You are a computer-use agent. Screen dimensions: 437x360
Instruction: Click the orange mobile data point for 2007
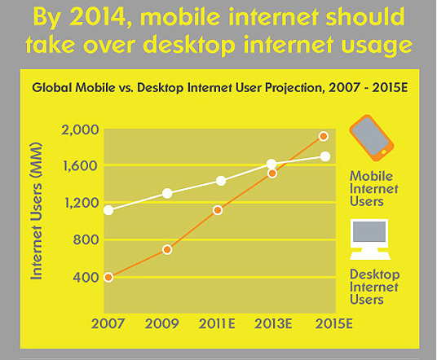[x=108, y=277]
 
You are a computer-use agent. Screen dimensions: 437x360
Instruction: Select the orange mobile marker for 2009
[x=167, y=250]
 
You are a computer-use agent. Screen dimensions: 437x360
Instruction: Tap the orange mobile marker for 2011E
[x=218, y=210]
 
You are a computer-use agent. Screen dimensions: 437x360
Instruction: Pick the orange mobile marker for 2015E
[x=324, y=136]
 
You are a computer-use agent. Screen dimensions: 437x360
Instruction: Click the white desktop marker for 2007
[x=108, y=210]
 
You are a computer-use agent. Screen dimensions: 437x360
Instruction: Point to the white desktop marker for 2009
[x=167, y=193]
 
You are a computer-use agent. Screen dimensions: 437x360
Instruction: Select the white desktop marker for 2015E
[x=325, y=156]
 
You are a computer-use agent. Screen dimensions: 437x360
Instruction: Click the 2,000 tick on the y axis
[x=80, y=130]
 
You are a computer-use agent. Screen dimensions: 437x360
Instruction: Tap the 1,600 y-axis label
[x=80, y=166]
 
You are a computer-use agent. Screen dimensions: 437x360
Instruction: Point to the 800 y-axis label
[x=86, y=239]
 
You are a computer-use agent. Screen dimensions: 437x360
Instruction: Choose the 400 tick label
[x=86, y=277]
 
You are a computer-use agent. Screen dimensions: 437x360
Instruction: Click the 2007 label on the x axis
[x=108, y=324]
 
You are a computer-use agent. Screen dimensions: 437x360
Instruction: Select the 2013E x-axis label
[x=273, y=324]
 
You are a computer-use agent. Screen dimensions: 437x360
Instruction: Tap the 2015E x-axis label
[x=334, y=324]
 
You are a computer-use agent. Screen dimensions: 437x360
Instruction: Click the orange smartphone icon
[x=372, y=138]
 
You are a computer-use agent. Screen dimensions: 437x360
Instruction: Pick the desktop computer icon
[x=370, y=239]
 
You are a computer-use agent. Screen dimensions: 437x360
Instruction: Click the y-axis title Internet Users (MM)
[x=37, y=211]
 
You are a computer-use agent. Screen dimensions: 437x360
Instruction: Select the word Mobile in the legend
[x=371, y=176]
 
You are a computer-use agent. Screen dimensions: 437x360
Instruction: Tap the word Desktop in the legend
[x=375, y=275]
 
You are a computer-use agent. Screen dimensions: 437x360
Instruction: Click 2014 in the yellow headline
[x=98, y=17]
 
